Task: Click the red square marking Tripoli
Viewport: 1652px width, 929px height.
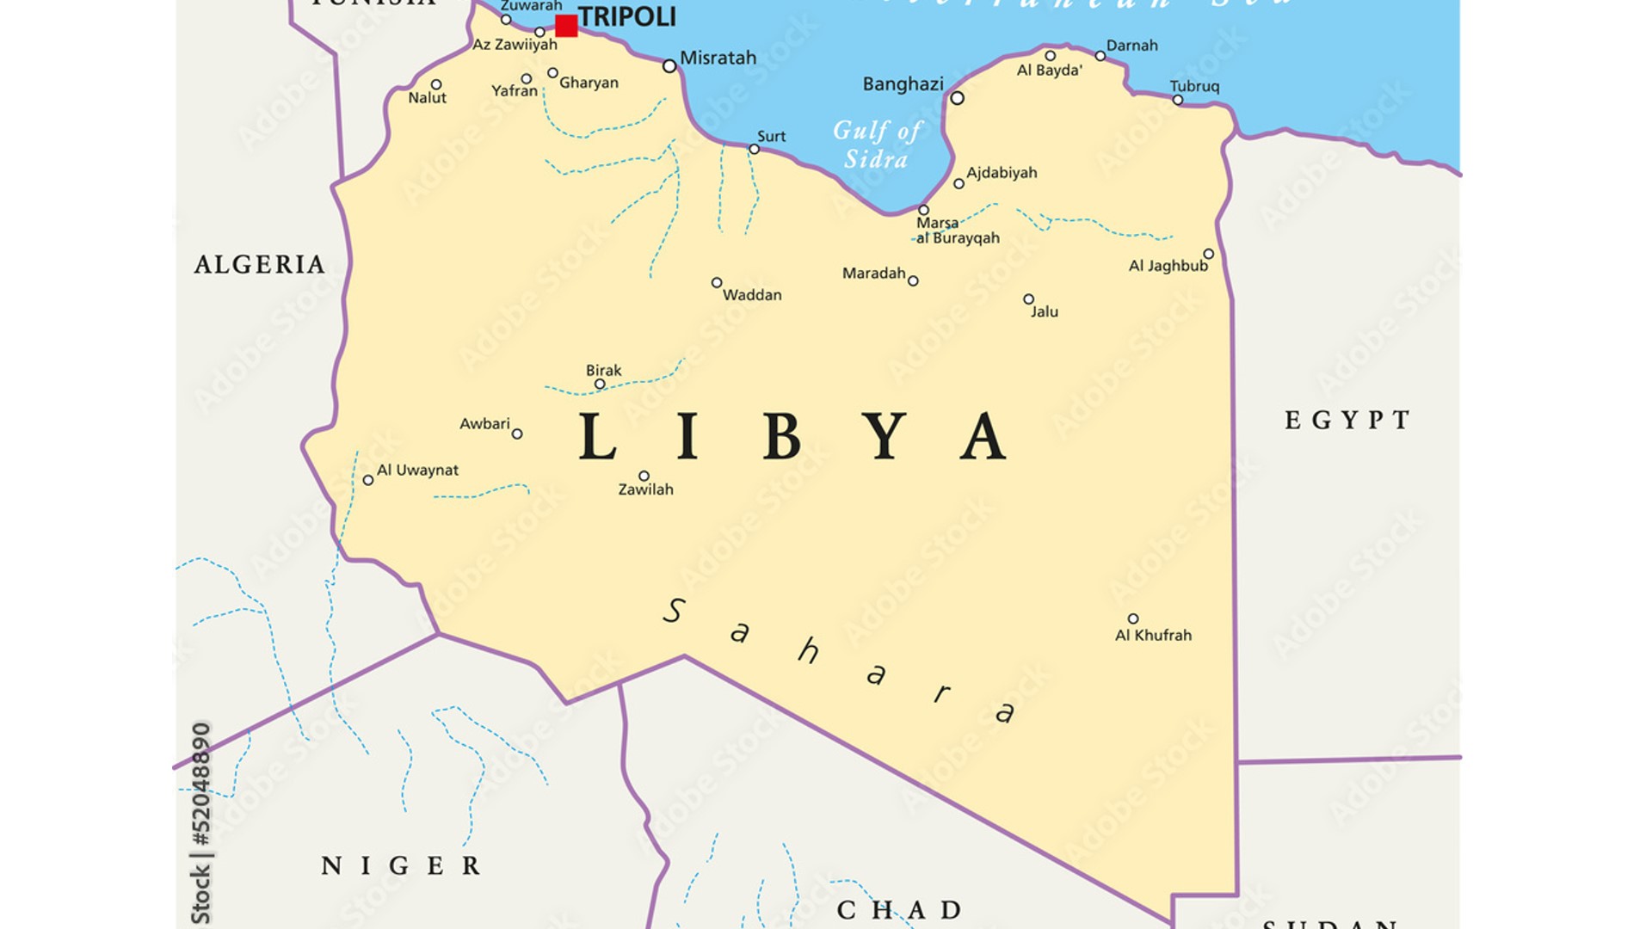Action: (566, 26)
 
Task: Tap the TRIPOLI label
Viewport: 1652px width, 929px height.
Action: (626, 16)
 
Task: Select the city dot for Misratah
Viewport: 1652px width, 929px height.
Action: (669, 66)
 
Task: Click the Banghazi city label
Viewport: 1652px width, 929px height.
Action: (903, 84)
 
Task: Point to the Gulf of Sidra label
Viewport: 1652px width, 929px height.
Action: (877, 145)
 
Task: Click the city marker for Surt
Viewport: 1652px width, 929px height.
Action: (754, 150)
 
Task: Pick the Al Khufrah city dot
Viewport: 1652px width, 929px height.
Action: (1133, 618)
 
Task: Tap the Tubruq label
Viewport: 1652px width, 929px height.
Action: (1194, 86)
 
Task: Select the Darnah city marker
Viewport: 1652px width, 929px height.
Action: (1100, 56)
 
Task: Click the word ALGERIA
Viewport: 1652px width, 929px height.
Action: (260, 264)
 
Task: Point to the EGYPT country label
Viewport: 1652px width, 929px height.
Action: (1347, 420)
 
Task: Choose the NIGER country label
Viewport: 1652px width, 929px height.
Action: (401, 865)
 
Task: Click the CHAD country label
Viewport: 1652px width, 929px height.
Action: (899, 909)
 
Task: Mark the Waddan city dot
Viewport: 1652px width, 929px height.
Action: (716, 283)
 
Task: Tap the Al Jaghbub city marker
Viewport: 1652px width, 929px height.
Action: (1208, 254)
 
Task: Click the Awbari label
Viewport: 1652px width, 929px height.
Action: (484, 423)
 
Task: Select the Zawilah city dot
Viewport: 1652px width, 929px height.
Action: (644, 476)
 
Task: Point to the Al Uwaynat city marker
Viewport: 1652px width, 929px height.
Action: (368, 481)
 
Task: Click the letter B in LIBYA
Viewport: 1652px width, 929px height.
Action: (782, 436)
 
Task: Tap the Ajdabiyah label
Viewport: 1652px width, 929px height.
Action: (1002, 173)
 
